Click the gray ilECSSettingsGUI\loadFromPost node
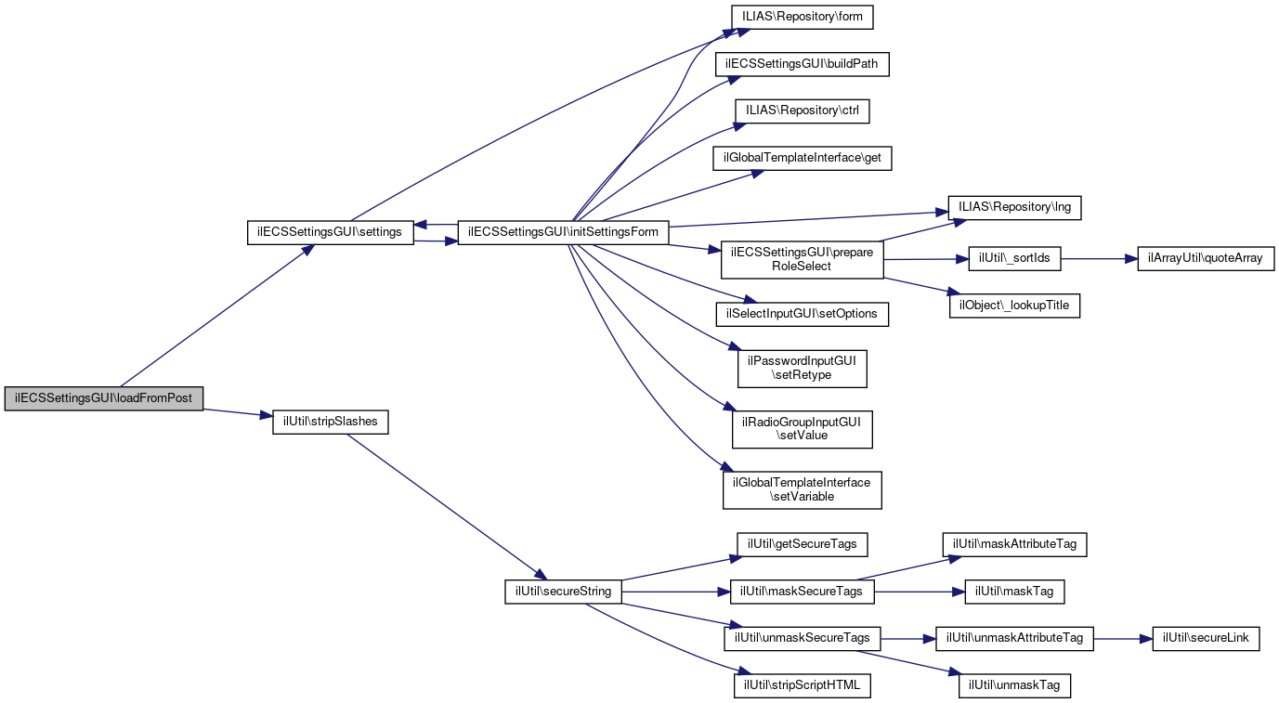(103, 398)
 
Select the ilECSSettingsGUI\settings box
(330, 232)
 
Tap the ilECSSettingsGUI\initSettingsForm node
(563, 232)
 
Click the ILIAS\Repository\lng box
(1014, 207)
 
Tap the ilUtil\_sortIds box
(1015, 258)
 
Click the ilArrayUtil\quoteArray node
(1206, 258)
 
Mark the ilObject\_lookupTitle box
(1014, 306)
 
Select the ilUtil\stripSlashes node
(330, 422)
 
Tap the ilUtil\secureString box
(563, 592)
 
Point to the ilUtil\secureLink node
(1206, 639)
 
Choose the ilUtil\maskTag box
(1014, 592)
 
